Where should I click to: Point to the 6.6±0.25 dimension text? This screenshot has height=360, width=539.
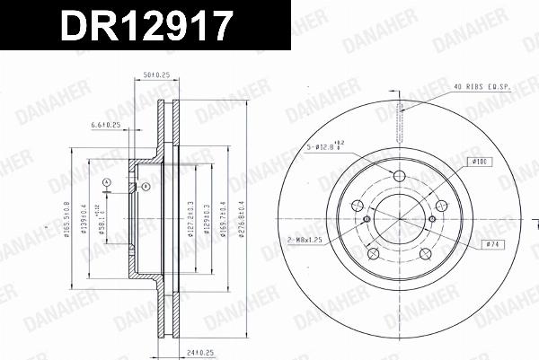pyautogui.click(x=107, y=126)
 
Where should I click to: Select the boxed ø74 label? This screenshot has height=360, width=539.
pyautogui.click(x=491, y=243)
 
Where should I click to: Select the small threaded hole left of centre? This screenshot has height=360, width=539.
pyautogui.click(x=367, y=219)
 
